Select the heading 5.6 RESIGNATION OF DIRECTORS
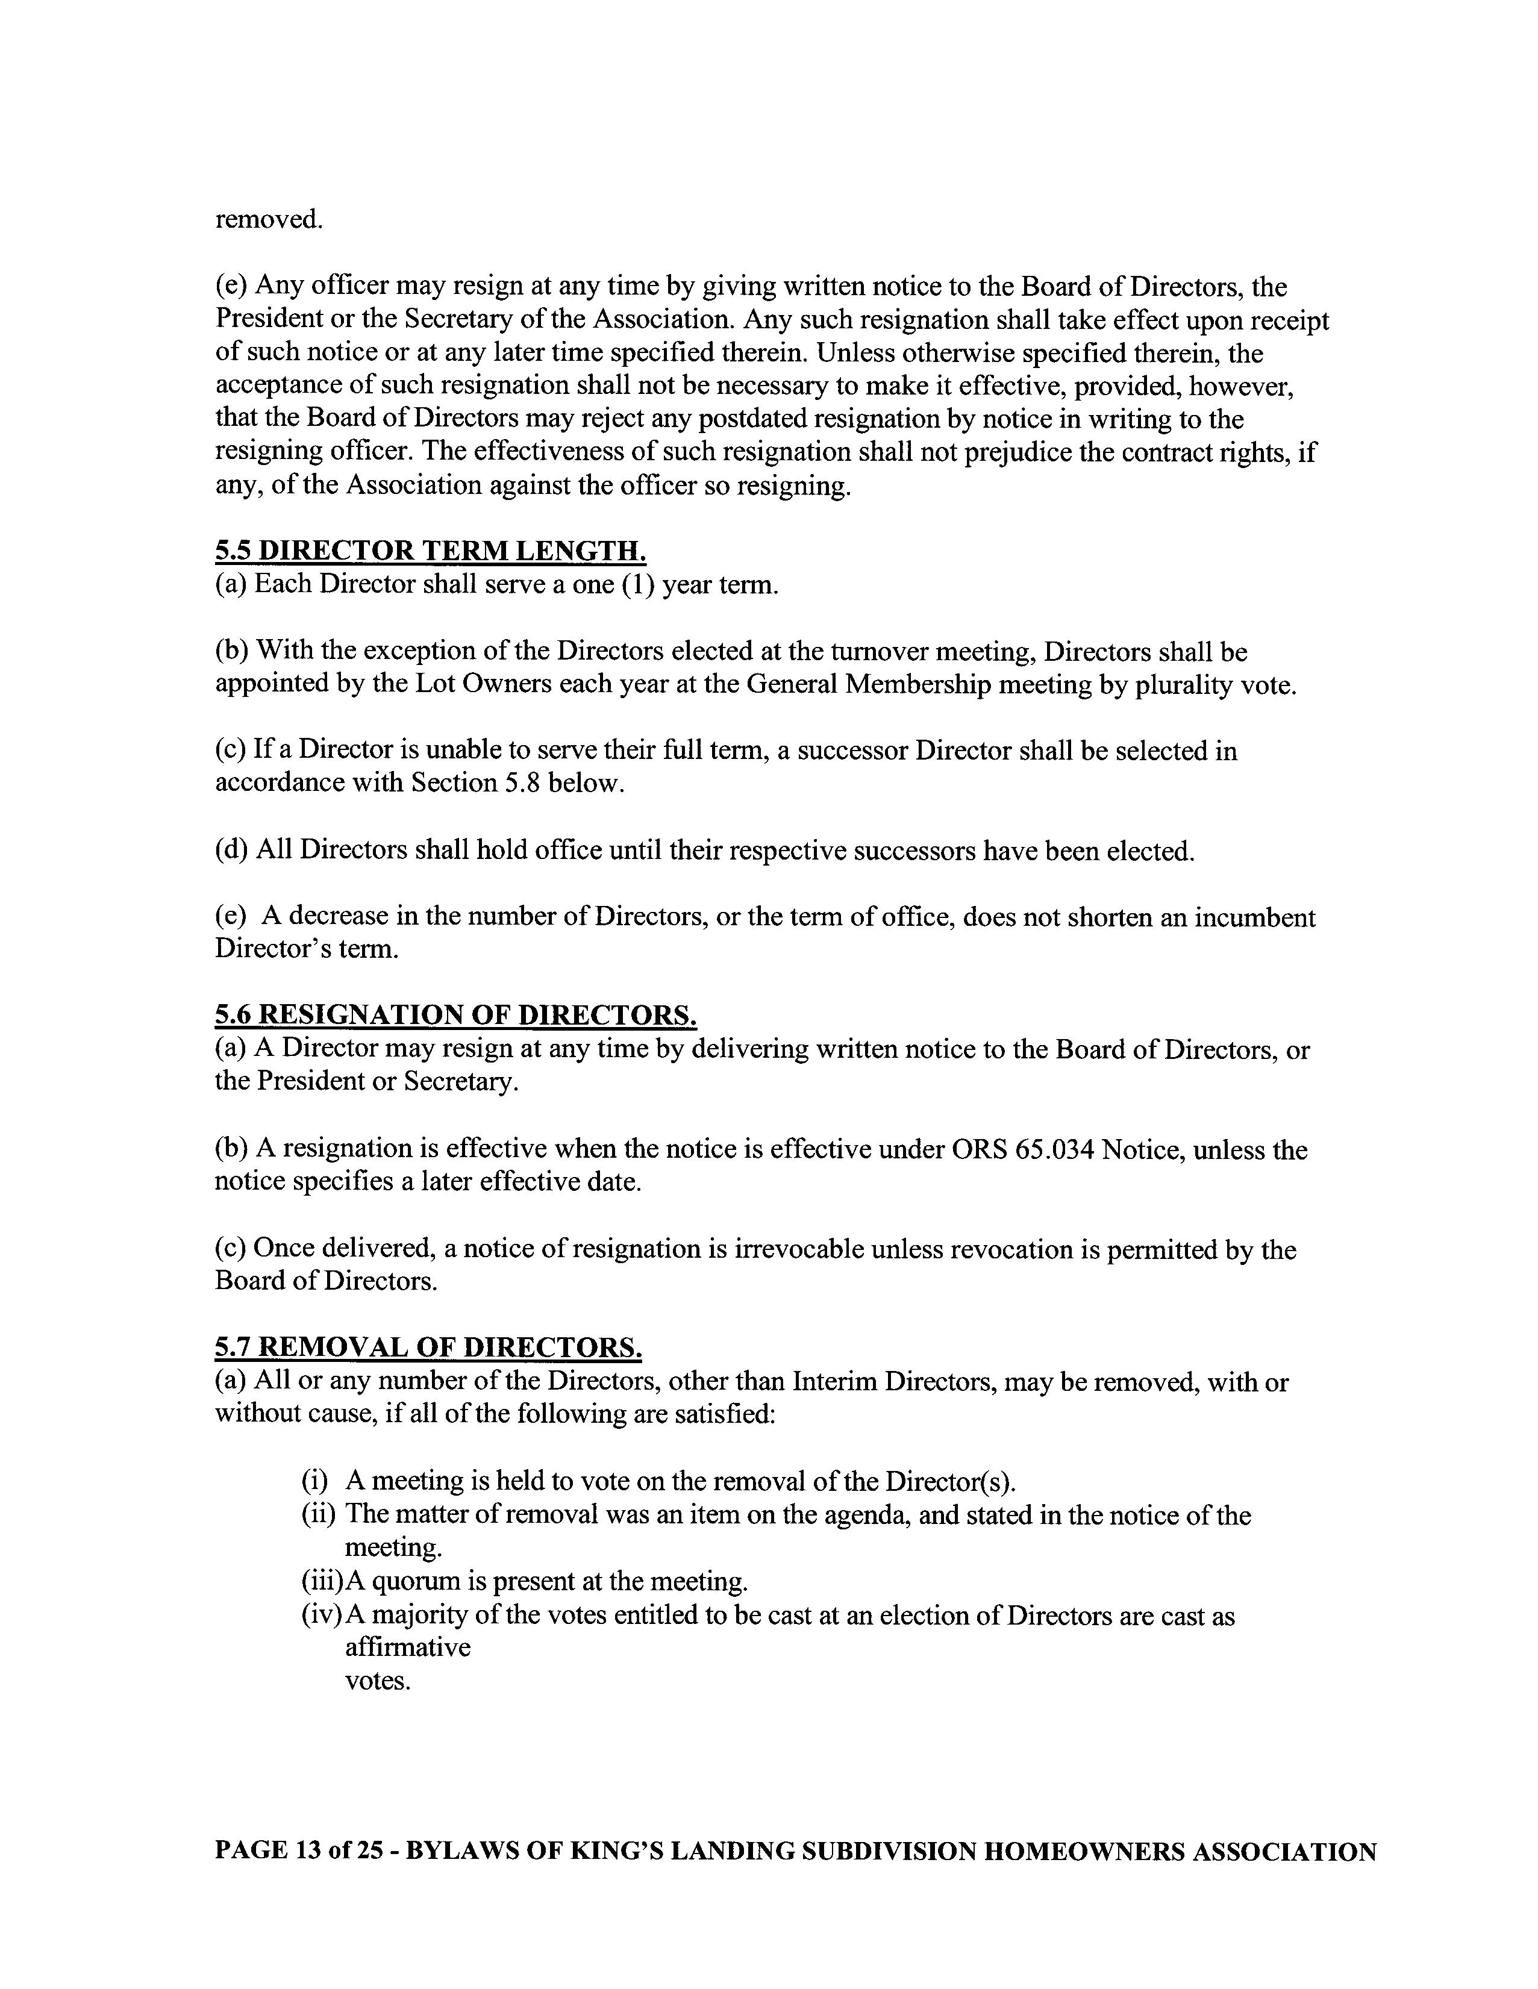(x=456, y=1016)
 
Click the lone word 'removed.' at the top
(x=269, y=219)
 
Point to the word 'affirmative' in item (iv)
(x=407, y=1647)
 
